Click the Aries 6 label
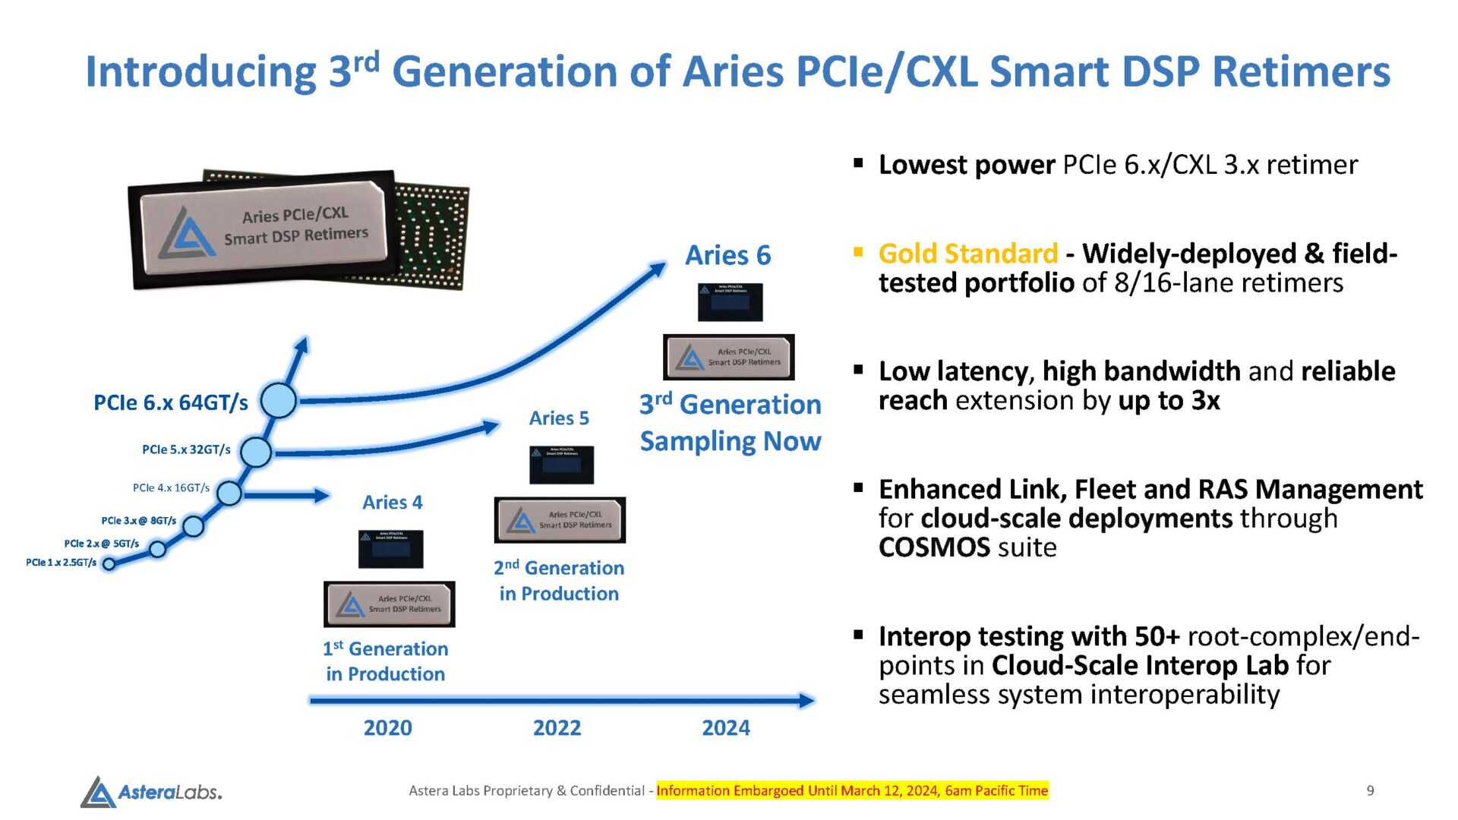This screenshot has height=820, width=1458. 727,256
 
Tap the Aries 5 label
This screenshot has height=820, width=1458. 559,418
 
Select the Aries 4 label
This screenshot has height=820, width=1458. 392,503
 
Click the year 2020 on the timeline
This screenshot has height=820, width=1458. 387,728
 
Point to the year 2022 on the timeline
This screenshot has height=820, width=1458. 557,728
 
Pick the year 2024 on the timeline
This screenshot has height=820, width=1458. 725,728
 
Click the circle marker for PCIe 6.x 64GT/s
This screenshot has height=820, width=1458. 279,400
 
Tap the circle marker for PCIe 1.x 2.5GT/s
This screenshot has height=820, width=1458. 109,563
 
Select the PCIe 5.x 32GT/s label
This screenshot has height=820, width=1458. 186,449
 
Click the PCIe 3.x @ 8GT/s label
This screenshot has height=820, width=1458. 138,521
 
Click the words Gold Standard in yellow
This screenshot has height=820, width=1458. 967,254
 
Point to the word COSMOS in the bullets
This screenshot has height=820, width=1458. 934,547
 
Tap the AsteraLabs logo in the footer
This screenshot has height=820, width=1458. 152,792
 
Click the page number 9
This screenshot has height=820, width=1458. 1370,791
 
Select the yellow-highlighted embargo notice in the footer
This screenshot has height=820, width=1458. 852,791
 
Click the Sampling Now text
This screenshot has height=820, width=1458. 730,441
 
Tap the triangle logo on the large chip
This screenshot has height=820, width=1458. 187,233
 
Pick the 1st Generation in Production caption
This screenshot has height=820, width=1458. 386,661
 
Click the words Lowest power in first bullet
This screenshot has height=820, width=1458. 966,165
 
